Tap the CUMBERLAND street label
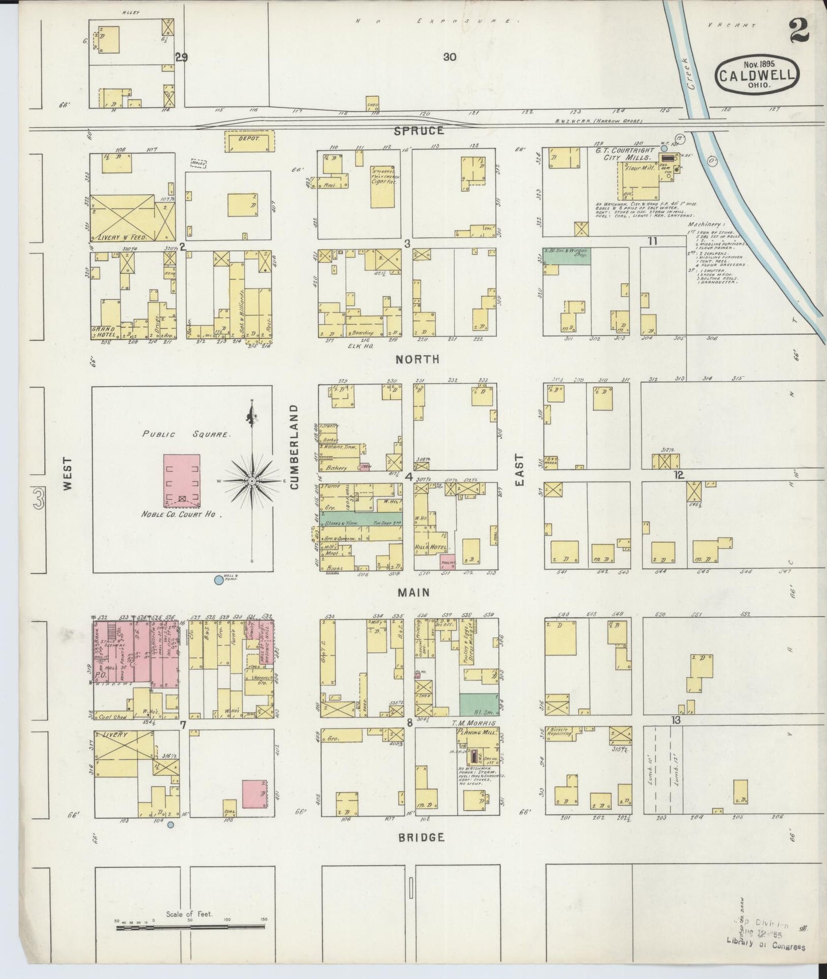(295, 447)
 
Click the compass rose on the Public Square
(251, 481)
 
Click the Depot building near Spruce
(250, 140)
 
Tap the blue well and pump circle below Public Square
(218, 580)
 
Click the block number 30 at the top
(449, 57)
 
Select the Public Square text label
(187, 435)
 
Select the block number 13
(676, 720)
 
